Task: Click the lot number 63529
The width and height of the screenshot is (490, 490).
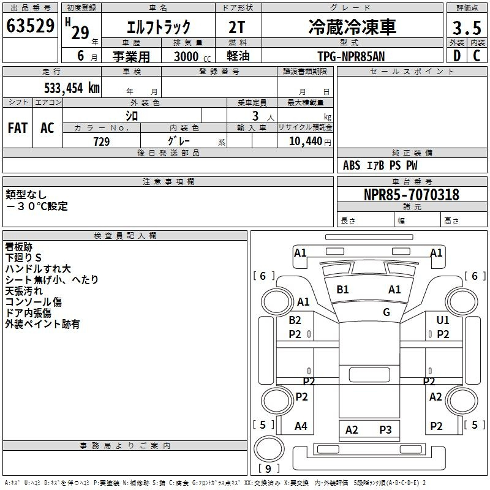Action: coord(30,26)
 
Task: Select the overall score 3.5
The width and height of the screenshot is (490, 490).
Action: coord(467,28)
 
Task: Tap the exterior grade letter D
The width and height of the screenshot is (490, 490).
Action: coord(457,56)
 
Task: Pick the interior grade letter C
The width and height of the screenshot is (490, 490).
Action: coord(477,56)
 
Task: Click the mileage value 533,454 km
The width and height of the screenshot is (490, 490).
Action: coord(72,88)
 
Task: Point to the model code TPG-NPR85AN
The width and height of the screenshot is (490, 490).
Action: coord(351,56)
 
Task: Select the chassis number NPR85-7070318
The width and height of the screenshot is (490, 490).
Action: coord(412,195)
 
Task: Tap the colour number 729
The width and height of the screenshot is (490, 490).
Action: coord(102,141)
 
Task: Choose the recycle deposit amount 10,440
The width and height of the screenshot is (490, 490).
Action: coord(306,141)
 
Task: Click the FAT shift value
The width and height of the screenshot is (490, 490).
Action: coord(18,128)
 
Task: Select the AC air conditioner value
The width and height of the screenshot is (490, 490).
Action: coord(47,128)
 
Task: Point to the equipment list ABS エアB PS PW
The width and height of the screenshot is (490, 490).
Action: coord(380,165)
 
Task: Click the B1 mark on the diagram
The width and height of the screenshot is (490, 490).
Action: coord(342,289)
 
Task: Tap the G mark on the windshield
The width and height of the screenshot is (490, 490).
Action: coord(386,312)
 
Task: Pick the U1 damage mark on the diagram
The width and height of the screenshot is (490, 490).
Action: coord(442,320)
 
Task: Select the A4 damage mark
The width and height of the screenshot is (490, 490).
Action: coord(301,426)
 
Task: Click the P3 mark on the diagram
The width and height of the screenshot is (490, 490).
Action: coord(385,430)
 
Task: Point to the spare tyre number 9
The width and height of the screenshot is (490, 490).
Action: coord(268,469)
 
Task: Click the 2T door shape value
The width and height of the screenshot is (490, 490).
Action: coord(236,27)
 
